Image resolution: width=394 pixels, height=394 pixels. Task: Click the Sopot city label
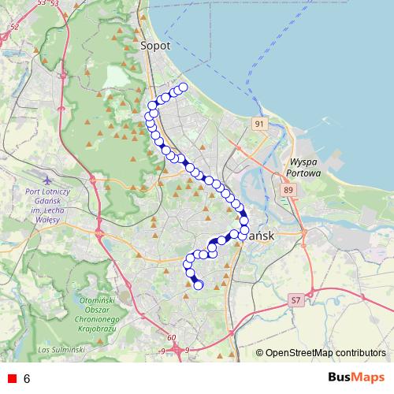[155, 46]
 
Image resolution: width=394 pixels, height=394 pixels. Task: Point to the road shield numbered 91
[261, 125]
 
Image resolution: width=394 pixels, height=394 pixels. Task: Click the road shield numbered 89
[288, 190]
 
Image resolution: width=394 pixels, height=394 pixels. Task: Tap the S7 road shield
[295, 300]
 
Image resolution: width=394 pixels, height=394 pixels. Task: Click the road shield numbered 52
[13, 27]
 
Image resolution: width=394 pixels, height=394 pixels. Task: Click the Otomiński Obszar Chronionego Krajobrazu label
[99, 314]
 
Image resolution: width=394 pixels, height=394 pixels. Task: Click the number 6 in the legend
[27, 379]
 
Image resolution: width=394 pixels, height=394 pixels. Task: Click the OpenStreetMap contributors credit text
[325, 353]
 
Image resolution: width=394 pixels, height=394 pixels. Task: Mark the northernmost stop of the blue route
[183, 87]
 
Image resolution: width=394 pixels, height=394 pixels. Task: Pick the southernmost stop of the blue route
[199, 285]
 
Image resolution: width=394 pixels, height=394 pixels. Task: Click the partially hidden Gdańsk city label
[261, 235]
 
